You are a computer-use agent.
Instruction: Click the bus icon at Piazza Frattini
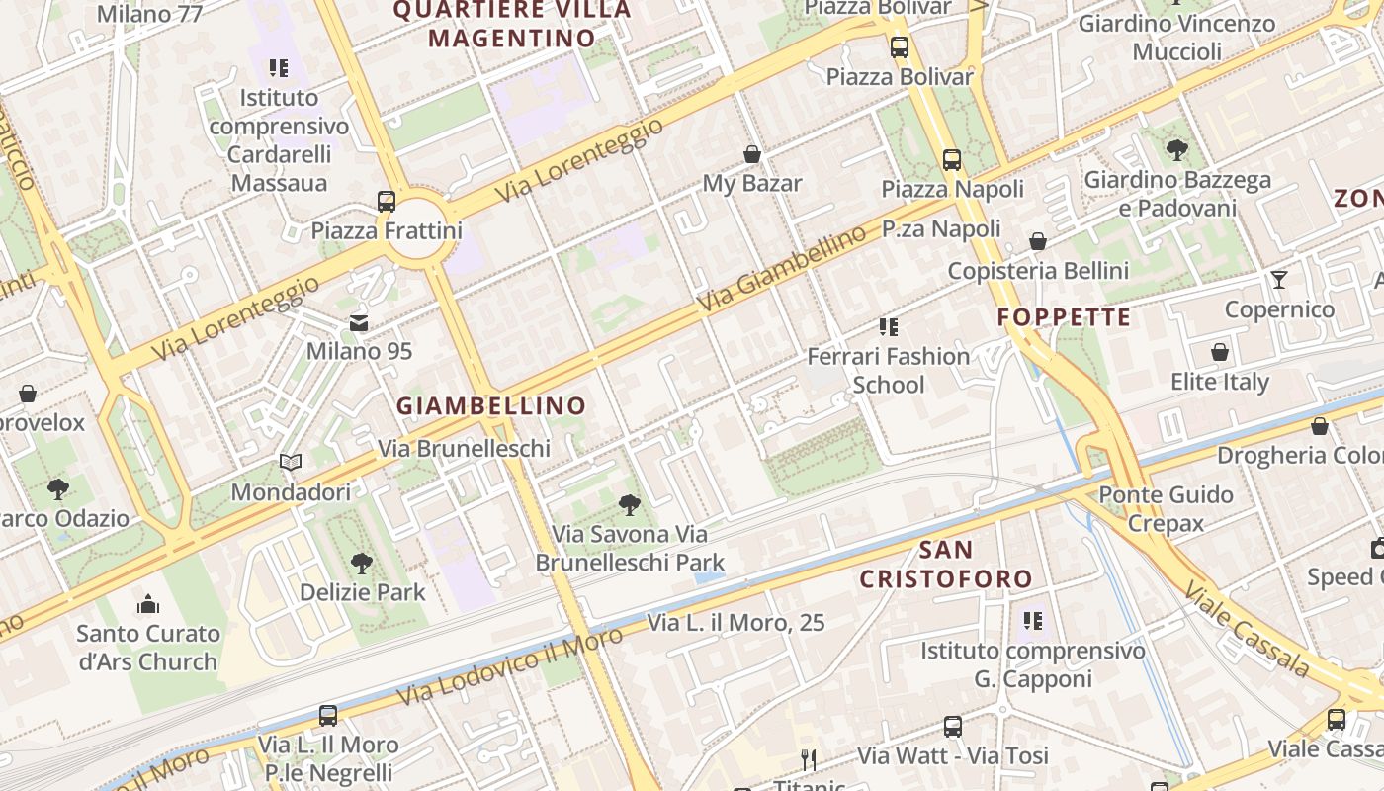coord(387,202)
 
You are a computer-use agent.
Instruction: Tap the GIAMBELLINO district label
coord(491,405)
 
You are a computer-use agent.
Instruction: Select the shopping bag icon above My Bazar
coord(752,154)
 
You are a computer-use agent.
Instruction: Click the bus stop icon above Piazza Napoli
coord(952,159)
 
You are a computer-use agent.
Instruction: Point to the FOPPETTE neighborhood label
coord(1064,317)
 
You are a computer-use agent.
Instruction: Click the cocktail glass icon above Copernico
coord(1279,280)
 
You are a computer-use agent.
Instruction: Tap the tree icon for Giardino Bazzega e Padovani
coord(1176,150)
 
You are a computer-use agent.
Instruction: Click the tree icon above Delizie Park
coord(362,564)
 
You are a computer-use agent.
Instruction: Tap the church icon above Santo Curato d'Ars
coord(148,603)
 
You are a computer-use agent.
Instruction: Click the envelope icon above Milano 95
coord(358,322)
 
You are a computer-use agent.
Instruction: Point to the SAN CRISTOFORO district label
coord(946,565)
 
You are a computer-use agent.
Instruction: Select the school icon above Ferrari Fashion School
coord(888,326)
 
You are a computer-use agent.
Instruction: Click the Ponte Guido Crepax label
coord(1166,508)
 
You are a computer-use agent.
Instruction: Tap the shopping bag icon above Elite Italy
coord(1220,352)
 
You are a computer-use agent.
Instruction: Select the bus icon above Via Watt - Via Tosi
coord(952,727)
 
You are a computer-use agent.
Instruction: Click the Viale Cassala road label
coord(1248,629)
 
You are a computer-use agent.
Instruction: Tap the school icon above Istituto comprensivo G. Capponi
coord(1033,621)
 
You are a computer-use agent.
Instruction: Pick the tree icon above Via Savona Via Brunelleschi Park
coord(629,505)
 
